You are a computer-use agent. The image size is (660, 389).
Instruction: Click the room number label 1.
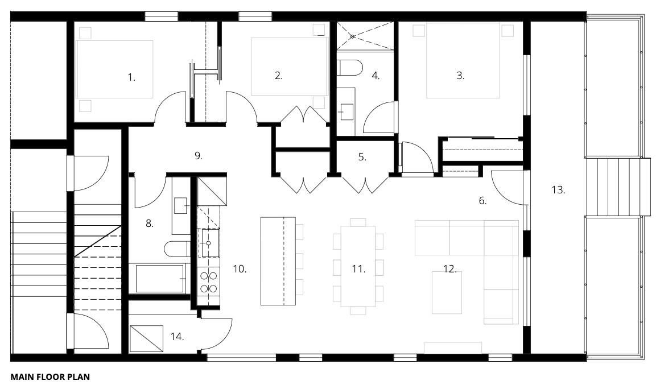coord(131,77)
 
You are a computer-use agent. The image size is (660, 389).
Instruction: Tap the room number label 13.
coord(558,189)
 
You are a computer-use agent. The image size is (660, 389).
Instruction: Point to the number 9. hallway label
coord(198,156)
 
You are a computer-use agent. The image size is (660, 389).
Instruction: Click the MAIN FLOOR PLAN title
coord(50,377)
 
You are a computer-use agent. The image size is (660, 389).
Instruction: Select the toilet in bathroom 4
coord(350,68)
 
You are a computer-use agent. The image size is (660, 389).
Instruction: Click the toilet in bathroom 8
coord(177,249)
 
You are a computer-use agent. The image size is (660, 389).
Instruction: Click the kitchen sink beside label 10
coord(208,243)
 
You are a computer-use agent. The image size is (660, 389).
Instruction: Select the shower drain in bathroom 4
coord(353,36)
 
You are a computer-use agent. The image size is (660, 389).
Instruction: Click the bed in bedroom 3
coord(463,60)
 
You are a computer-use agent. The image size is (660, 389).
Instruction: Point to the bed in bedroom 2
coord(290,67)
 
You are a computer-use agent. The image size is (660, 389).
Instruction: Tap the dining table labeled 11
coord(358,266)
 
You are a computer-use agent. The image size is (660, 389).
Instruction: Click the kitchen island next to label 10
coord(278,260)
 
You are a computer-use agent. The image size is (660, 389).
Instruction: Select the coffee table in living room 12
coord(447,292)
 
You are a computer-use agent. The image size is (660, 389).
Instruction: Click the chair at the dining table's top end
coord(358,222)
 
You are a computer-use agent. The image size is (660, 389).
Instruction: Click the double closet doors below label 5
coord(365,185)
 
